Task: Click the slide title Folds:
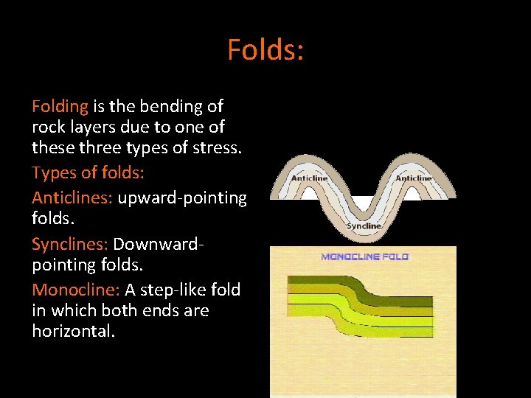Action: click(265, 50)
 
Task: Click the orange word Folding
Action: click(60, 107)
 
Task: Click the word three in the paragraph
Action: click(103, 147)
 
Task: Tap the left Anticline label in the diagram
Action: click(310, 178)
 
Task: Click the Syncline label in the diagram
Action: click(364, 226)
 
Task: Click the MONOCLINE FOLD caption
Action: click(364, 256)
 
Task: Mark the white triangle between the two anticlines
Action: click(363, 203)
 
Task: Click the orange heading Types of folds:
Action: click(88, 174)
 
